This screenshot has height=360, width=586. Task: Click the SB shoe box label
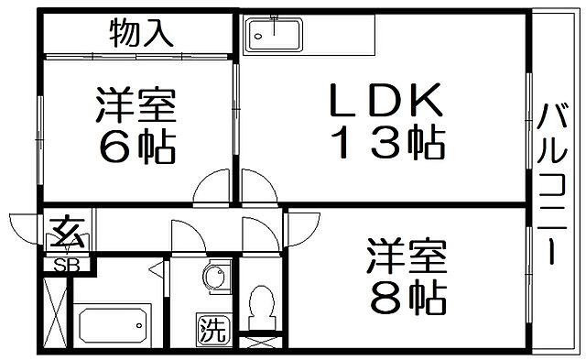(66, 266)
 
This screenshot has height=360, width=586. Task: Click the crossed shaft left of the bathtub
(55, 311)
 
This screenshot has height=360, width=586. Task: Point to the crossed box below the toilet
(262, 344)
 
